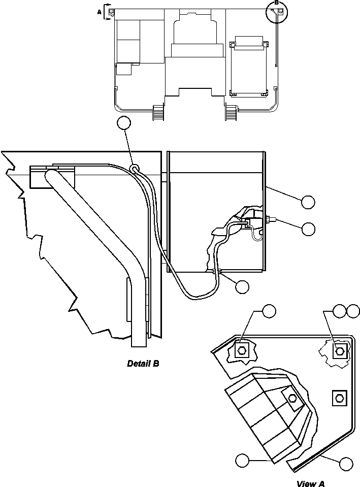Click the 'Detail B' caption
point(143,364)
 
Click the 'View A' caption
point(310,484)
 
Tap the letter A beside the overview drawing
point(99,9)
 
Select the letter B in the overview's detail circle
point(276,3)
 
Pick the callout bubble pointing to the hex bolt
point(308,229)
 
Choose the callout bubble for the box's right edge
point(308,202)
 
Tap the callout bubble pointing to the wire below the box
point(242,286)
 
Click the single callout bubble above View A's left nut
point(269,311)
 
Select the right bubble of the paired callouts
point(352,311)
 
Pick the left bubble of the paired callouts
point(340,311)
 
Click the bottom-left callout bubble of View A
point(242,460)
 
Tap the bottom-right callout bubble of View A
point(346,463)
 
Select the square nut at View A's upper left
point(242,349)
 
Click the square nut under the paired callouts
point(339,350)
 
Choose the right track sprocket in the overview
point(231,111)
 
